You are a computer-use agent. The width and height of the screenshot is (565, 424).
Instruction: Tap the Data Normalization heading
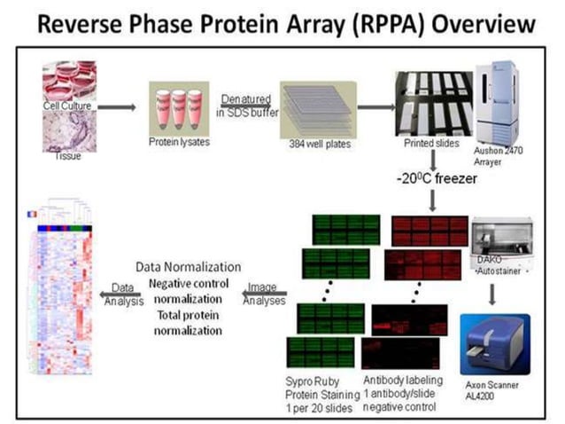click(x=188, y=266)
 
